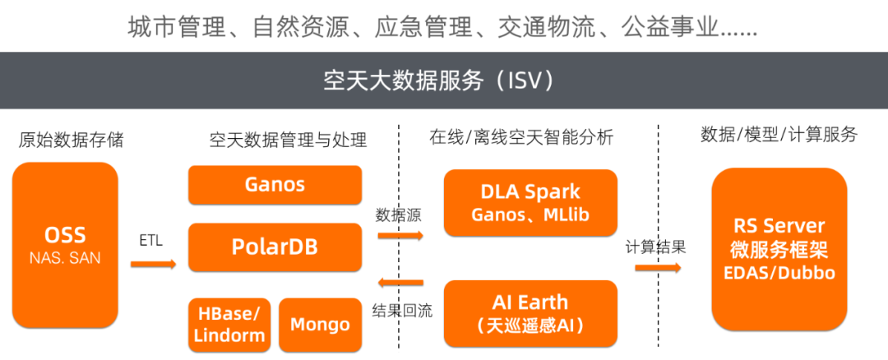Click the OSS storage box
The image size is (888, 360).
point(65,245)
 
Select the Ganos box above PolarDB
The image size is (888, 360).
point(275,184)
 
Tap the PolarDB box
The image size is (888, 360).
point(275,246)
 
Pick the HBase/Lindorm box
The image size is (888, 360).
point(229,324)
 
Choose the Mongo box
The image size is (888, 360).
point(320,324)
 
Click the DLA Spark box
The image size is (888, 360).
point(530,202)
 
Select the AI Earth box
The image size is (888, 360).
point(530,312)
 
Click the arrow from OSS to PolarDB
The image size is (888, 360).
point(153,263)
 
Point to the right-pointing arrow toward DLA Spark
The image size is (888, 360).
point(400,235)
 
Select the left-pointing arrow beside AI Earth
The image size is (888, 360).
point(400,283)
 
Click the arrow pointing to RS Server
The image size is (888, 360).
point(658,267)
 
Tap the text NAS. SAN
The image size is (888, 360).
point(65,258)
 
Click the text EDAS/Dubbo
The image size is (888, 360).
point(778,272)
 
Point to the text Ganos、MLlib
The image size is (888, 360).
point(530,215)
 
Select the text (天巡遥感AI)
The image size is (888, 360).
point(530,325)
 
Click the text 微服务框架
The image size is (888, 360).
point(778,249)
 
